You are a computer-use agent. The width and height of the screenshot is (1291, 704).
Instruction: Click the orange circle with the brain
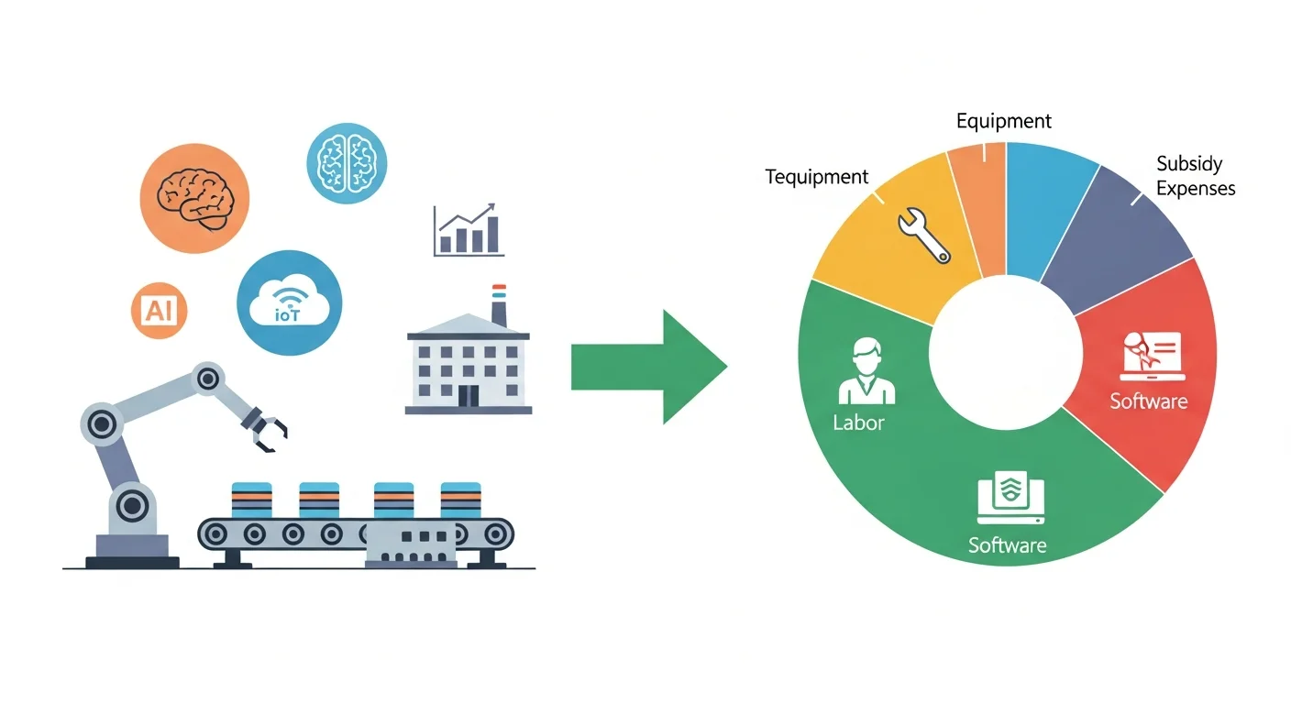[194, 198]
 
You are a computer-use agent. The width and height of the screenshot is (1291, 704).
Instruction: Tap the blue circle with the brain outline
[347, 163]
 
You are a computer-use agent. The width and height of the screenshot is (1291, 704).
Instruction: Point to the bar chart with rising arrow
[468, 230]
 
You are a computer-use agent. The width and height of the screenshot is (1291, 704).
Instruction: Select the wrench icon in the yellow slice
[922, 234]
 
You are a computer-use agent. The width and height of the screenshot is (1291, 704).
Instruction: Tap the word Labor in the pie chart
[859, 423]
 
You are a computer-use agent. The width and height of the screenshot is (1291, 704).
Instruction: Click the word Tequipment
[817, 177]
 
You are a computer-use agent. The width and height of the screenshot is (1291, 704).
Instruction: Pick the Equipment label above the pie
[1003, 121]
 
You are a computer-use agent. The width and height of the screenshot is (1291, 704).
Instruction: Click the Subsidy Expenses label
[1195, 176]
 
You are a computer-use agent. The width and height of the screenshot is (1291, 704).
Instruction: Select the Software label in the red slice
[1148, 401]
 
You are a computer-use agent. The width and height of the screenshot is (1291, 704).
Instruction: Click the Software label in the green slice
[1007, 545]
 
